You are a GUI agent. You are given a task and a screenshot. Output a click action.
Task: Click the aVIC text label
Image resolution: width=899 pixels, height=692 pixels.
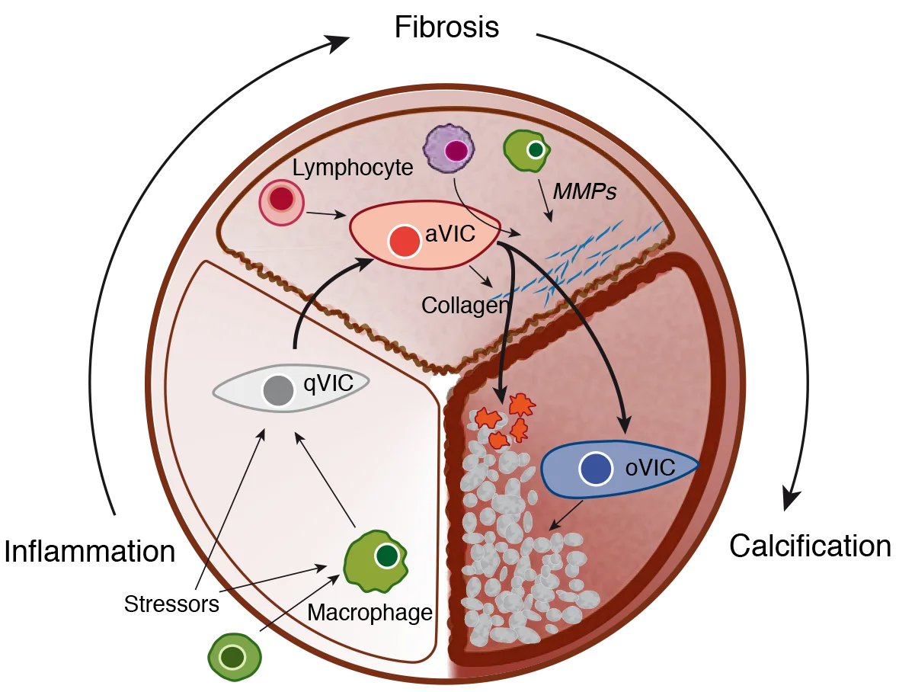tap(450, 234)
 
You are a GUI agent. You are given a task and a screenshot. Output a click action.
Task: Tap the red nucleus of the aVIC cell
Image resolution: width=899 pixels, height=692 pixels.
tap(404, 242)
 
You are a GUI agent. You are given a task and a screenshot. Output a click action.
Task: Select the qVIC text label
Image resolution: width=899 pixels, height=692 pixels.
tap(328, 383)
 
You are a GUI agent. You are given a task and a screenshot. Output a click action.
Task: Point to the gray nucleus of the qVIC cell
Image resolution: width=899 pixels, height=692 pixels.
tap(278, 390)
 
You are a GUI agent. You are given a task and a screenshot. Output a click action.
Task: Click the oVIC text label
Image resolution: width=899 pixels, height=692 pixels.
tap(650, 468)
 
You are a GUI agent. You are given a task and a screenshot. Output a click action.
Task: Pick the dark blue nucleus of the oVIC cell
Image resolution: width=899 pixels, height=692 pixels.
tap(596, 469)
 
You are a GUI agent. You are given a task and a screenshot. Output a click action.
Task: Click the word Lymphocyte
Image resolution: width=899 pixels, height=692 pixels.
tap(352, 168)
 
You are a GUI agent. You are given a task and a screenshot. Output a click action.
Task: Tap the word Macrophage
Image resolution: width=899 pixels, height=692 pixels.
tap(370, 613)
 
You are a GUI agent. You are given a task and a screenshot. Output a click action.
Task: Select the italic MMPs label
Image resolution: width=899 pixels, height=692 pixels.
tap(584, 192)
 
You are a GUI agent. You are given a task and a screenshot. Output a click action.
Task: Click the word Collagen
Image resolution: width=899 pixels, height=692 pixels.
tap(465, 306)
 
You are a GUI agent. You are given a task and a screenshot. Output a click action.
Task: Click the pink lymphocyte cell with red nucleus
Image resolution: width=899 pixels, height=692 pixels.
tap(281, 200)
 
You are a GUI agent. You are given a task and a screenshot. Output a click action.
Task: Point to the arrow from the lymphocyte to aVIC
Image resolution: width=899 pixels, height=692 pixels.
tap(324, 214)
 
